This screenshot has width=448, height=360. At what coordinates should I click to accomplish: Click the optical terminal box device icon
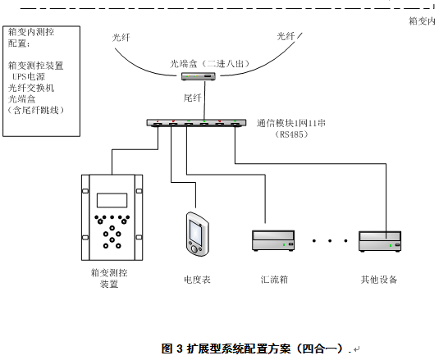tap(199, 76)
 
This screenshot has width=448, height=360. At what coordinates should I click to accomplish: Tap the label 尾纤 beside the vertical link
tap(193, 98)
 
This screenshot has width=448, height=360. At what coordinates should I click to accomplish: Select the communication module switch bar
tap(196, 123)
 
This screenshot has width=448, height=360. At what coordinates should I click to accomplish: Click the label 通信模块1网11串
tap(291, 123)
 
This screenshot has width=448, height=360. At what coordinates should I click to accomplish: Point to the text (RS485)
tap(291, 134)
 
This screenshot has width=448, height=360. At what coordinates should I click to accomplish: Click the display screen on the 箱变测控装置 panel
tap(112, 200)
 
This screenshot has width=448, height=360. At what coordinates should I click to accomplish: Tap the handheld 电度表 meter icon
tap(197, 234)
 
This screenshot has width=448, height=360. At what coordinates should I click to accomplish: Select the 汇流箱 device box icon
tap(273, 241)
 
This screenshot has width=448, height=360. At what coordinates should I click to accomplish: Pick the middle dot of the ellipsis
tap(330, 241)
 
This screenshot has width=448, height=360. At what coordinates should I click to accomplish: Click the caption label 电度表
tap(197, 280)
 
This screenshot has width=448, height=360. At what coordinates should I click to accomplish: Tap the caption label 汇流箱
tap(274, 280)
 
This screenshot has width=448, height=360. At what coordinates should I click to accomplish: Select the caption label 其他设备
tap(379, 280)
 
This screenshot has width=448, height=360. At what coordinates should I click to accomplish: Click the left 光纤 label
tap(121, 38)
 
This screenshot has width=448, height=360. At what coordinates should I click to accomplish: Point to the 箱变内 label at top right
tap(422, 21)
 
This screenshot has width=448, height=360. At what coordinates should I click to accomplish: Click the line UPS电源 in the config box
tap(29, 76)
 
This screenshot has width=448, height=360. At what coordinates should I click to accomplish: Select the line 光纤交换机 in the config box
tap(31, 88)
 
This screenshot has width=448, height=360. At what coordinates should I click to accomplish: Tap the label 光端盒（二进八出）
tap(210, 63)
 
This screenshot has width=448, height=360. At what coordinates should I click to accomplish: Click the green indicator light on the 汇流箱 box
tap(284, 244)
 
